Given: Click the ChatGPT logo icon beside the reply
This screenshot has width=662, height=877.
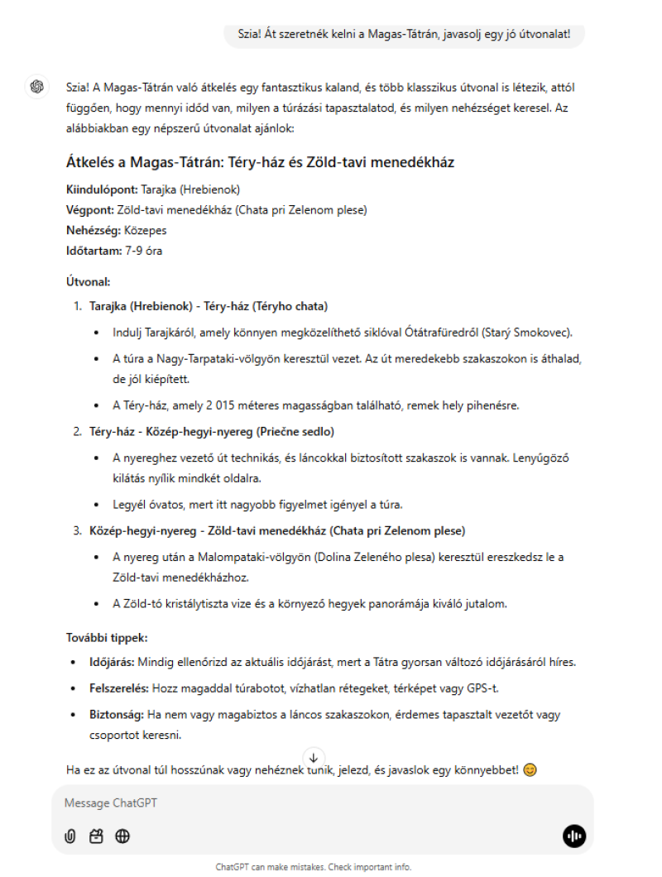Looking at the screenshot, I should click(x=36, y=86).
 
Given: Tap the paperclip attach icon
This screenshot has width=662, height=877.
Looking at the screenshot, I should click(x=70, y=836).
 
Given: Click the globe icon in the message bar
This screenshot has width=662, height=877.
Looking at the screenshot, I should click(x=122, y=836).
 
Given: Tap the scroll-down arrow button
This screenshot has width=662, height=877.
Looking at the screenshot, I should click(x=314, y=757).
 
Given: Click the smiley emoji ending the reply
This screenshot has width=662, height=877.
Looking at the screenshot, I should click(x=530, y=769).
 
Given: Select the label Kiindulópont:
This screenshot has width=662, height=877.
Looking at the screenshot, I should click(x=102, y=189).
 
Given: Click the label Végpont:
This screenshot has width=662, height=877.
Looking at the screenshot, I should click(x=90, y=209).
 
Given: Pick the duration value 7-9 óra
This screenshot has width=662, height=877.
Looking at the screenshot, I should click(x=144, y=251).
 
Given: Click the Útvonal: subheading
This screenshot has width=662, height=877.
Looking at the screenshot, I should click(x=88, y=282).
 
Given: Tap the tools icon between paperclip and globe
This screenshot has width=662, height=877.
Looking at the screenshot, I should click(x=96, y=836).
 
